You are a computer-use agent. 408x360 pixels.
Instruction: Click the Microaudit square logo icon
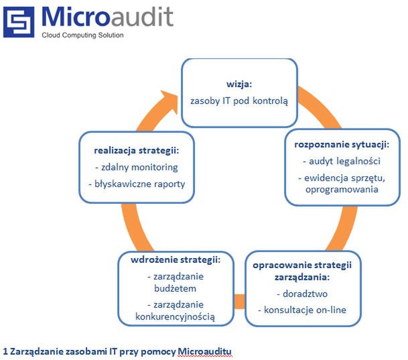[19, 22]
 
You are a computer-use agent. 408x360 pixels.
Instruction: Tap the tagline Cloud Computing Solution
[83, 35]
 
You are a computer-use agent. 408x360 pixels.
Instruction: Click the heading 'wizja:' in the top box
[239, 84]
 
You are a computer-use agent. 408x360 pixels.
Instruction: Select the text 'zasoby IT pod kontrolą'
[239, 101]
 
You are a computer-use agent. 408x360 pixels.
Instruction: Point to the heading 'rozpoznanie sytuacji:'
[342, 144]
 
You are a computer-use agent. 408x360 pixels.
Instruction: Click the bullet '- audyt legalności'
[342, 161]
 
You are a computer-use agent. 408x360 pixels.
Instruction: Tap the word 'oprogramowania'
[342, 189]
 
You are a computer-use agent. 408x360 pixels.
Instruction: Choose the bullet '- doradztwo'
[302, 294]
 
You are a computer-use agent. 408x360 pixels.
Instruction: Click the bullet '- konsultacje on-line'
[302, 310]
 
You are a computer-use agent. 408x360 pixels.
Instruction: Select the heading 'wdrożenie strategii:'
[176, 260]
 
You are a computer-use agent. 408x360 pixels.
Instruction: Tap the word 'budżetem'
[175, 288]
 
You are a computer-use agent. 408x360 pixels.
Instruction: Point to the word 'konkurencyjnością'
[175, 317]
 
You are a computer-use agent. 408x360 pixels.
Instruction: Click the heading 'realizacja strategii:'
[137, 150]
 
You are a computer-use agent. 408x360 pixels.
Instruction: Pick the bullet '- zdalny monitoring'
[137, 167]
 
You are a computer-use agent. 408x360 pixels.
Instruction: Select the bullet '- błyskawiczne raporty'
[137, 184]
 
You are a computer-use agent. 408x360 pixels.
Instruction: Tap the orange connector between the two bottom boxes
[240, 302]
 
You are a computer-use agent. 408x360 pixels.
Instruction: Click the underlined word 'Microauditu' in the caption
[204, 352]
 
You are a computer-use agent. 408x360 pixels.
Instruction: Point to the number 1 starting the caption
[5, 352]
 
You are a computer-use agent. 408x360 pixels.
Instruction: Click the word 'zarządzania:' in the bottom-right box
[302, 277]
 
